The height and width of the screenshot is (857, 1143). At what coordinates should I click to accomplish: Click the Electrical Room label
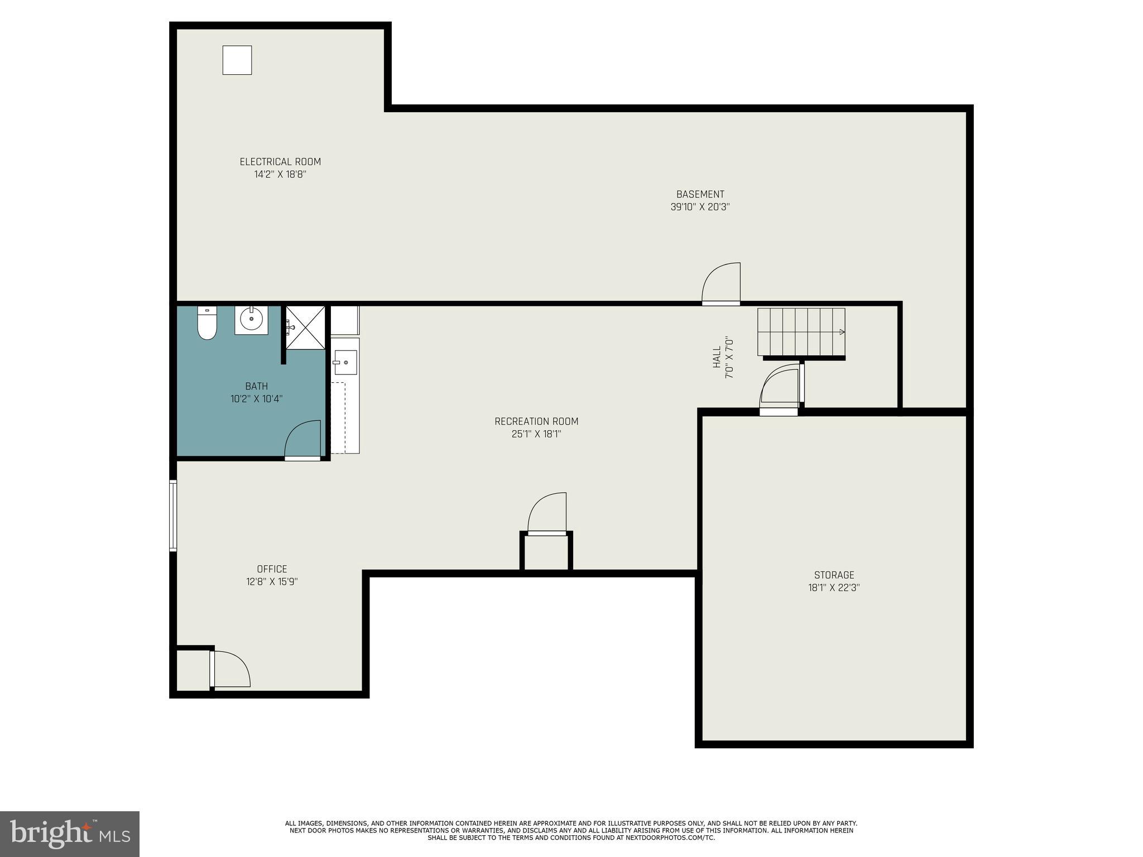(x=280, y=162)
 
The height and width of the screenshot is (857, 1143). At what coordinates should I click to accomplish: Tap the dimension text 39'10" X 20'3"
(x=700, y=207)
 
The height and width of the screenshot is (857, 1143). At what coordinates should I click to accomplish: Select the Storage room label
(x=834, y=575)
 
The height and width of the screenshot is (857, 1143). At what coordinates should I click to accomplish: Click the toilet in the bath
(x=207, y=324)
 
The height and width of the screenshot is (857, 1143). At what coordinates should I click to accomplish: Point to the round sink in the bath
(x=251, y=319)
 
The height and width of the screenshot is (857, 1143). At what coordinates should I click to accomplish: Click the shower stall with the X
(x=305, y=328)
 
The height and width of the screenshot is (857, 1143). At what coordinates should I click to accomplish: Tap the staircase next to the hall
(x=801, y=331)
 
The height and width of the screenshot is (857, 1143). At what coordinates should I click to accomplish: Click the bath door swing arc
(x=303, y=440)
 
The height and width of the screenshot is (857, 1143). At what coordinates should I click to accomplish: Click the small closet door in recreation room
(x=547, y=513)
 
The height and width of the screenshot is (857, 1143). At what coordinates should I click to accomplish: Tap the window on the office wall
(x=173, y=516)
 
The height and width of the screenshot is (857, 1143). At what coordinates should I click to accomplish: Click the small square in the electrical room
(x=237, y=60)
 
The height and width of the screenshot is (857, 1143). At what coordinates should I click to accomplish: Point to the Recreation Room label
(x=536, y=421)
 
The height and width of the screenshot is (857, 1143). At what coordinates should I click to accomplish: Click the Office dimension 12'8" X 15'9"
(x=272, y=581)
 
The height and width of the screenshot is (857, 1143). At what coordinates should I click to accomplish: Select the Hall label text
(x=717, y=357)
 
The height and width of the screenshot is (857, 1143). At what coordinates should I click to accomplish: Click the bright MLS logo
(x=70, y=834)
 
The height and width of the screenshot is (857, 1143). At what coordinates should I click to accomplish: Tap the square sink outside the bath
(x=345, y=363)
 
